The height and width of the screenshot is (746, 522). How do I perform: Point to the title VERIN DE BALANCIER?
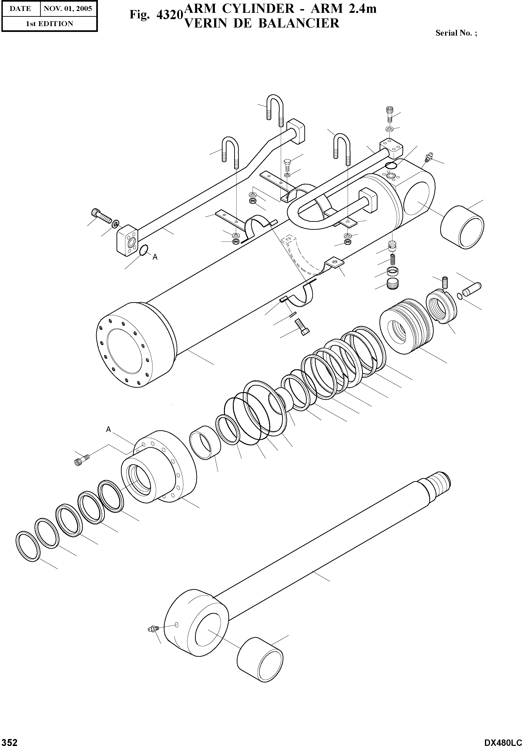(x=262, y=23)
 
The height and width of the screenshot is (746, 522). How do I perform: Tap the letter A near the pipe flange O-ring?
(x=155, y=257)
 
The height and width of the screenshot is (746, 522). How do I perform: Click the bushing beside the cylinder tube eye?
(x=462, y=227)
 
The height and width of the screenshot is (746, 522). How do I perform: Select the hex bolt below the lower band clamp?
(x=302, y=327)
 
